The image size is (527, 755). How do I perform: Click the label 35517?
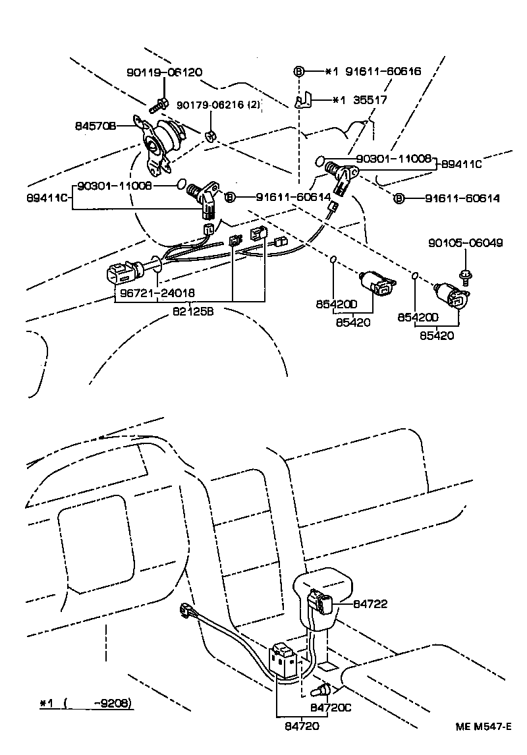click(x=370, y=100)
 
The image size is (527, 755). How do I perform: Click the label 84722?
click(x=370, y=603)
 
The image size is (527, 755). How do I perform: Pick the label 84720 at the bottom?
click(x=302, y=726)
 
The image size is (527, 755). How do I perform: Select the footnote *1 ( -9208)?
click(x=86, y=703)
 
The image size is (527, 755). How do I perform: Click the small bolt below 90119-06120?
click(x=159, y=103)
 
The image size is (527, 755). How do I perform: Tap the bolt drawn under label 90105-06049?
click(x=464, y=275)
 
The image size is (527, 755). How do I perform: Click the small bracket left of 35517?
click(x=303, y=100)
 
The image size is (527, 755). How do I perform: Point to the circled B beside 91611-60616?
click(x=298, y=71)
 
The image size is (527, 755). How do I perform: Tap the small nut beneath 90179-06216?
click(x=211, y=136)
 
